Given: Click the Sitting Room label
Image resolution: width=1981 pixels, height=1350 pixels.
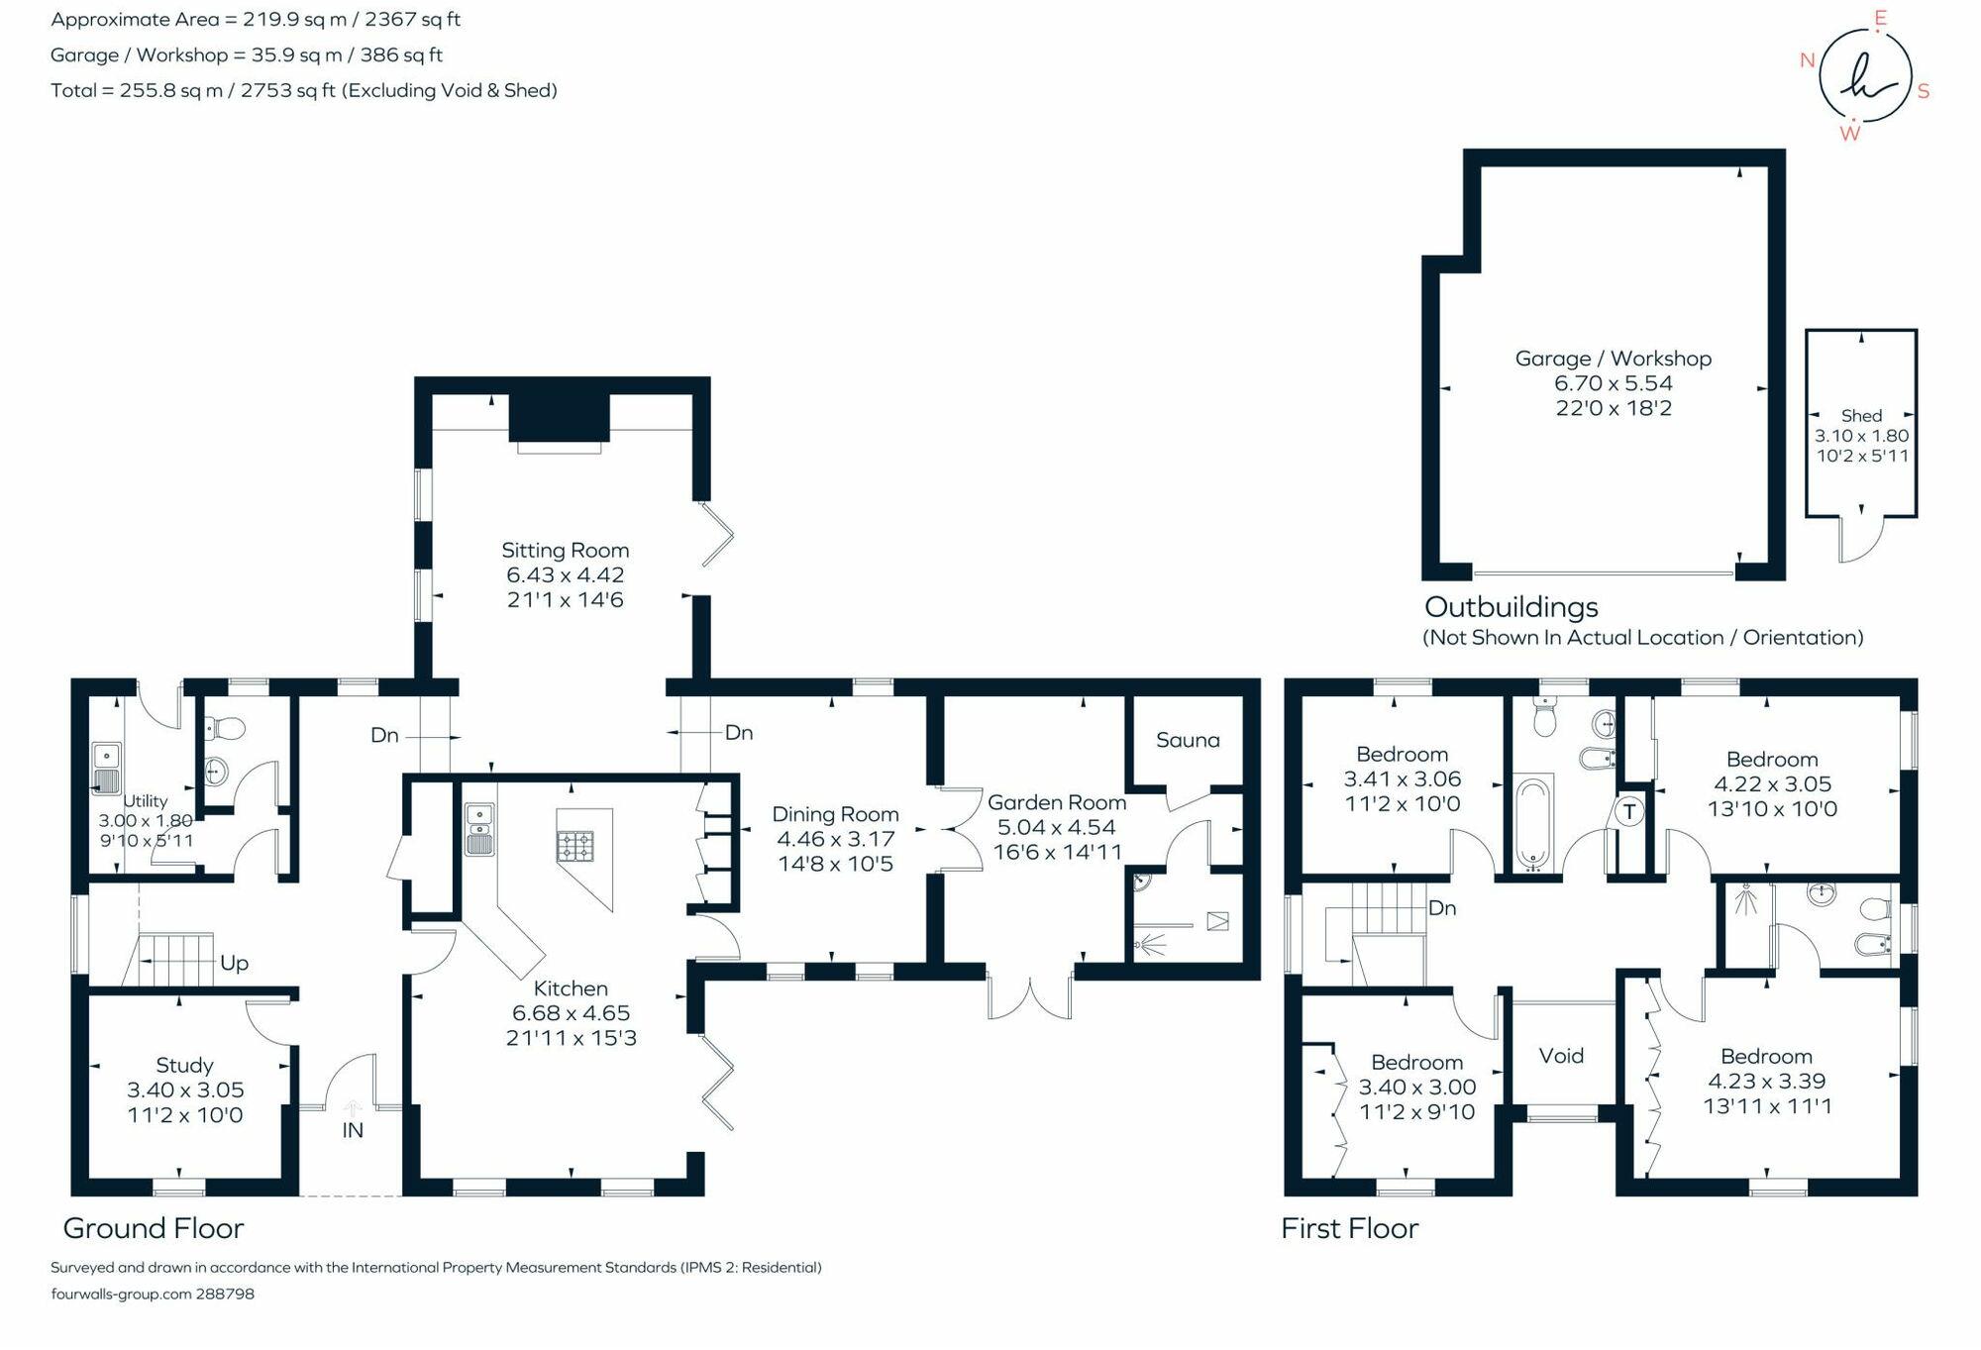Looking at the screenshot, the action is pos(565,551).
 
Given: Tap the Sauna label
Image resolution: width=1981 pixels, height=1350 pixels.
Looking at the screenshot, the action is pos(1188,740).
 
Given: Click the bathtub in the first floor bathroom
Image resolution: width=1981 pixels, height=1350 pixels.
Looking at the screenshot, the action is pos(1533,821).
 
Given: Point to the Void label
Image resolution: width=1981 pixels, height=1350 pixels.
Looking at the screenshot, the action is pos(1561,1056).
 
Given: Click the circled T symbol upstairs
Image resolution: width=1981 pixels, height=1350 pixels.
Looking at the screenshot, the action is pos(1629,812).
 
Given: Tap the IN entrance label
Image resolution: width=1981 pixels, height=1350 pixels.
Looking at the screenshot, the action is pos(353,1130).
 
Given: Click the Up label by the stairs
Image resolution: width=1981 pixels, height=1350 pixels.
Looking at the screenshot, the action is pos(234,963).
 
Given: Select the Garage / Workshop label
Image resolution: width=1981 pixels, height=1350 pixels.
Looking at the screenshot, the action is pos(1613,359).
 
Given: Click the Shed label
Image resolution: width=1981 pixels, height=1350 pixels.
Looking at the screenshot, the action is pos(1861,416).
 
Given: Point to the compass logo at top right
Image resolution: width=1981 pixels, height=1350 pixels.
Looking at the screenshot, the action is pos(1865,76).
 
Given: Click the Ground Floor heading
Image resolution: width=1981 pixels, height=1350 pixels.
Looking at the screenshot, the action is pos(154,1228).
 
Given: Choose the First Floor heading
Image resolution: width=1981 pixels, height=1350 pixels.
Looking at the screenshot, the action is pos(1349,1228).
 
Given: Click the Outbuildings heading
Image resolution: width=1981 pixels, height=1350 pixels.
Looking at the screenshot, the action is pos(1512,606).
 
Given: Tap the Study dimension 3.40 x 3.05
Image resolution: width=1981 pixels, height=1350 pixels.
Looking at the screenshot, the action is pos(185,1090).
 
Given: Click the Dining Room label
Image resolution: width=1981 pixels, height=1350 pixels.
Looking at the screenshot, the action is pos(835,814).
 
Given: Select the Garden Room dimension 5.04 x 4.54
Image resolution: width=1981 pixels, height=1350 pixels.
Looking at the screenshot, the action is pos(1057,827).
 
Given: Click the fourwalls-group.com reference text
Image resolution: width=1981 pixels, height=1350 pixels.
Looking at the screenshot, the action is pos(153,1294).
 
